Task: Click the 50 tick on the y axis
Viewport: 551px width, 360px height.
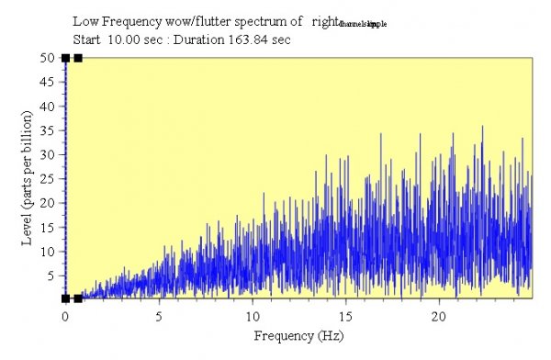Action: [x=51, y=58]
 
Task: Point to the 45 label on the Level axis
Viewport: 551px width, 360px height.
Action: [x=51, y=82]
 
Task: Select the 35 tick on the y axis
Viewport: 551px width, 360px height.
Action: [x=51, y=130]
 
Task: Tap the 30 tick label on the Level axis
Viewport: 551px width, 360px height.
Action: [x=51, y=154]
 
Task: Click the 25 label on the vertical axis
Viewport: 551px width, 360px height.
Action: [x=51, y=178]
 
